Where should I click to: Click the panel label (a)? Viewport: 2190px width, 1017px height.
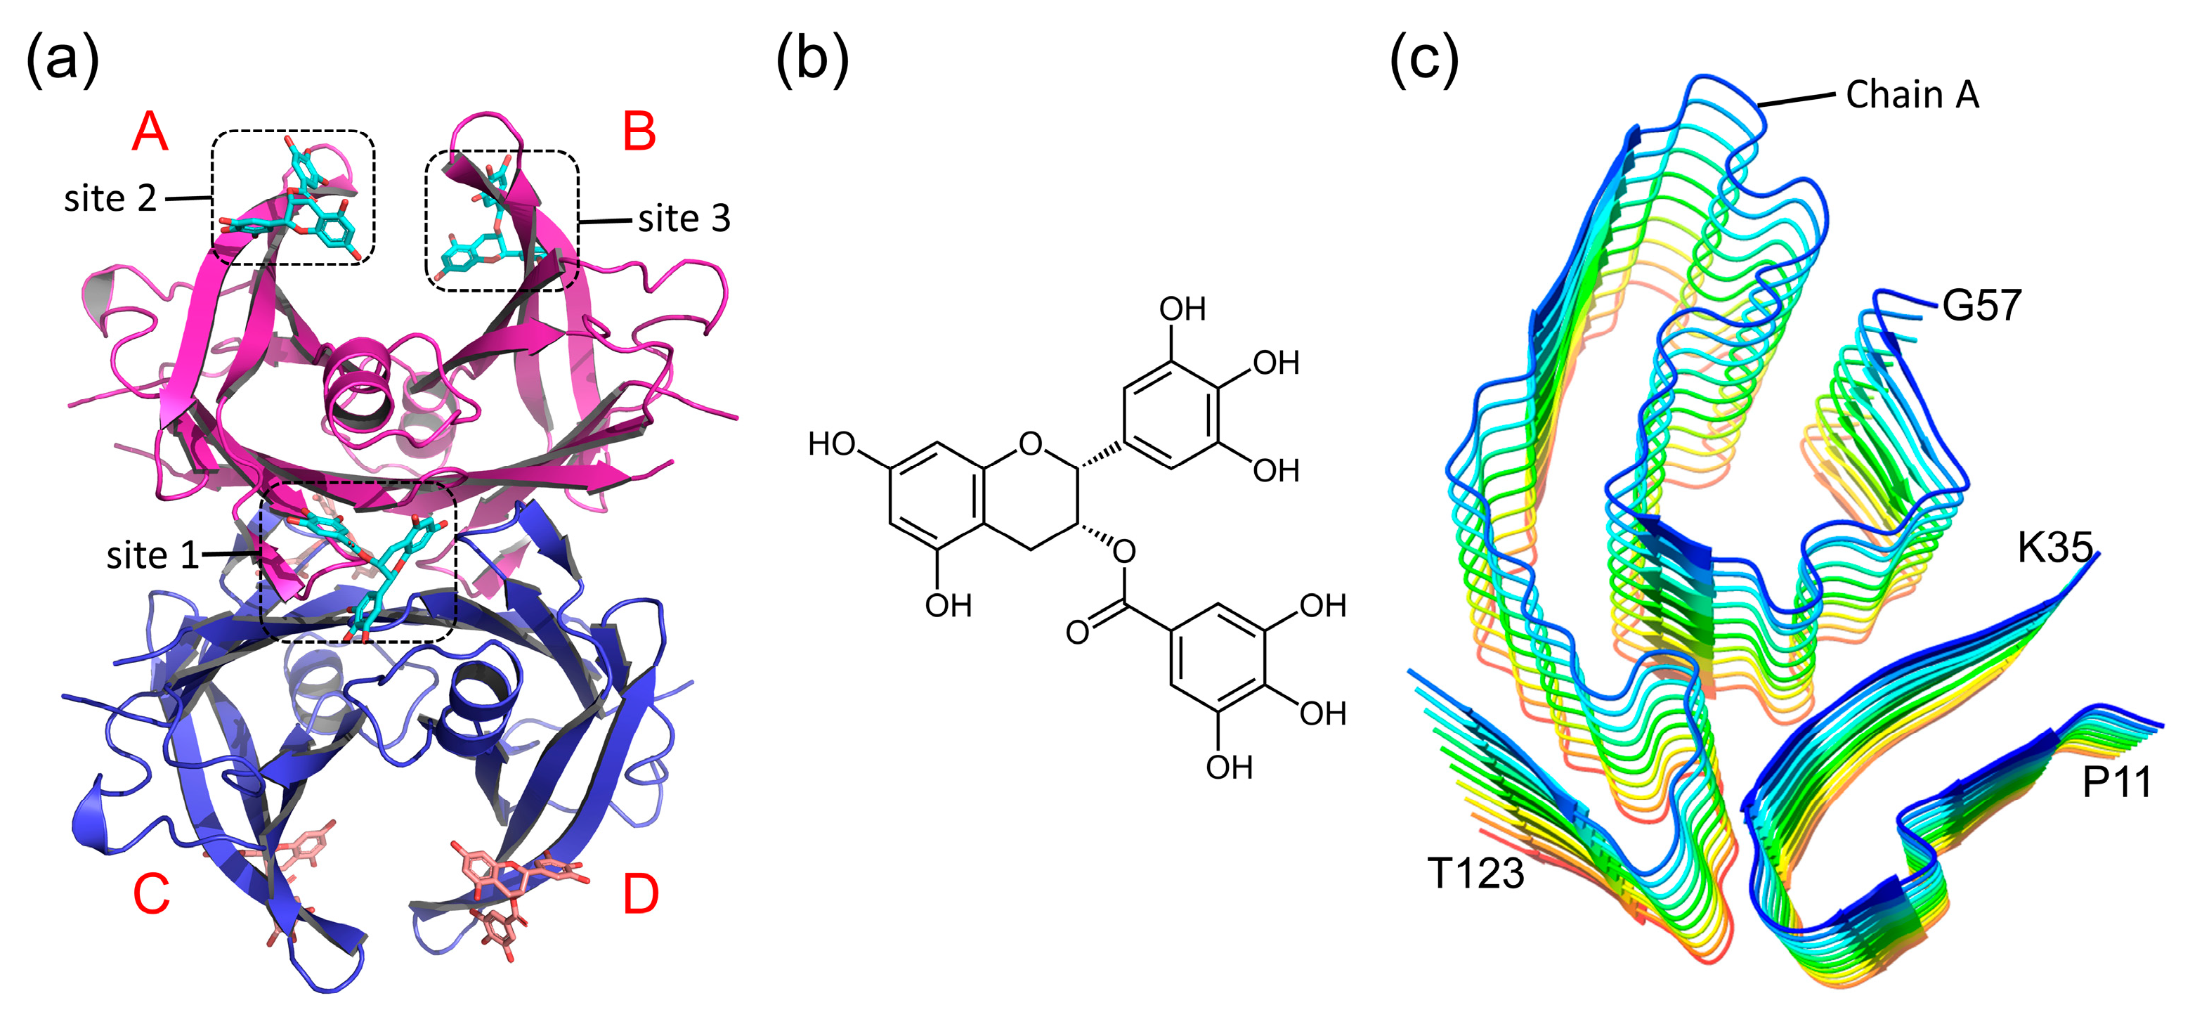pyautogui.click(x=63, y=60)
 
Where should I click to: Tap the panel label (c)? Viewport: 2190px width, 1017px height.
pyautogui.click(x=1423, y=60)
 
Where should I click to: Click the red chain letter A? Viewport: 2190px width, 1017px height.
pyautogui.click(x=150, y=133)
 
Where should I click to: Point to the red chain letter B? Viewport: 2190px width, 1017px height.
pyautogui.click(x=639, y=133)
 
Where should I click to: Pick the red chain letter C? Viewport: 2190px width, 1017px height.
pyautogui.click(x=151, y=895)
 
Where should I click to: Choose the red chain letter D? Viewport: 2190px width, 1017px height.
pyautogui.click(x=640, y=895)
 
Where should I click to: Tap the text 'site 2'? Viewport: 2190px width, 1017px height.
pyautogui.click(x=110, y=199)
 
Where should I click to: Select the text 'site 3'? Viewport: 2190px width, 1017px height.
pyautogui.click(x=684, y=219)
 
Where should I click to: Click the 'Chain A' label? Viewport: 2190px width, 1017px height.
pyautogui.click(x=1912, y=94)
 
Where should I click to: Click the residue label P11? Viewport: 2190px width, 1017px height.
pyautogui.click(x=2116, y=782)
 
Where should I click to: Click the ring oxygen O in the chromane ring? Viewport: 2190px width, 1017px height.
pyautogui.click(x=1031, y=444)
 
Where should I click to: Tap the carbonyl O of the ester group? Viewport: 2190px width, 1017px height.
pyautogui.click(x=1077, y=633)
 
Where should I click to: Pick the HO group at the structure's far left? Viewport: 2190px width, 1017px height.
pyautogui.click(x=831, y=444)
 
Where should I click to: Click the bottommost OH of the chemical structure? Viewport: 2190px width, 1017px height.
pyautogui.click(x=1228, y=768)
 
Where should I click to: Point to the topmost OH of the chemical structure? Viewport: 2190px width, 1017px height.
pyautogui.click(x=1182, y=309)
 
